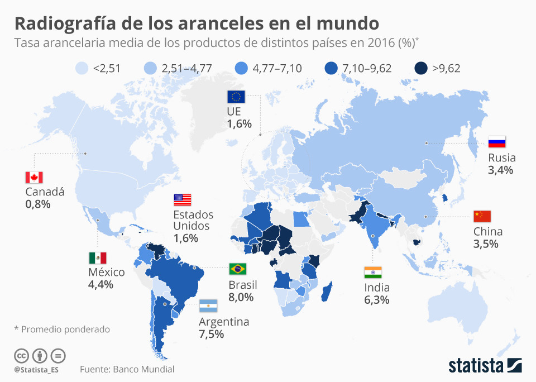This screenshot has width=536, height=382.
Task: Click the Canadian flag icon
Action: (34, 178)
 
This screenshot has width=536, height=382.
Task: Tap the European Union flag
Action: (236, 97)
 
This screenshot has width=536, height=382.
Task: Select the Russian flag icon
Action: (496, 142)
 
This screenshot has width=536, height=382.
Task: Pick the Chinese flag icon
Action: (482, 217)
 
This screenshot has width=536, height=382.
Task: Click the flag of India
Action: (372, 273)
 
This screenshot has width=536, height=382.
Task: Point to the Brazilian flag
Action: (238, 269)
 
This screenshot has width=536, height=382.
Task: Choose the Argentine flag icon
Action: (208, 306)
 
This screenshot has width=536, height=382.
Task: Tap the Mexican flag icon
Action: (97, 257)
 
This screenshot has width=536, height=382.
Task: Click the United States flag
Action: (182, 199)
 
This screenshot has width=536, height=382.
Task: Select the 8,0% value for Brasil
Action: (241, 297)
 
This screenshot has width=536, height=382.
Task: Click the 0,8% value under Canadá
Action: (38, 204)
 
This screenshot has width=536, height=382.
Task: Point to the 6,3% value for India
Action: (377, 300)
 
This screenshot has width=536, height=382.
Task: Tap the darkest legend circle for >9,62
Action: (422, 69)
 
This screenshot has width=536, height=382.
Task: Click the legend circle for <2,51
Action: (83, 69)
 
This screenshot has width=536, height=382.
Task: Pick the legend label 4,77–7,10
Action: (277, 69)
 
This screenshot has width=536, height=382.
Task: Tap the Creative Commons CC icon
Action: (21, 355)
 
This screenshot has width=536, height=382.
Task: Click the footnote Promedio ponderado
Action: (65, 330)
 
